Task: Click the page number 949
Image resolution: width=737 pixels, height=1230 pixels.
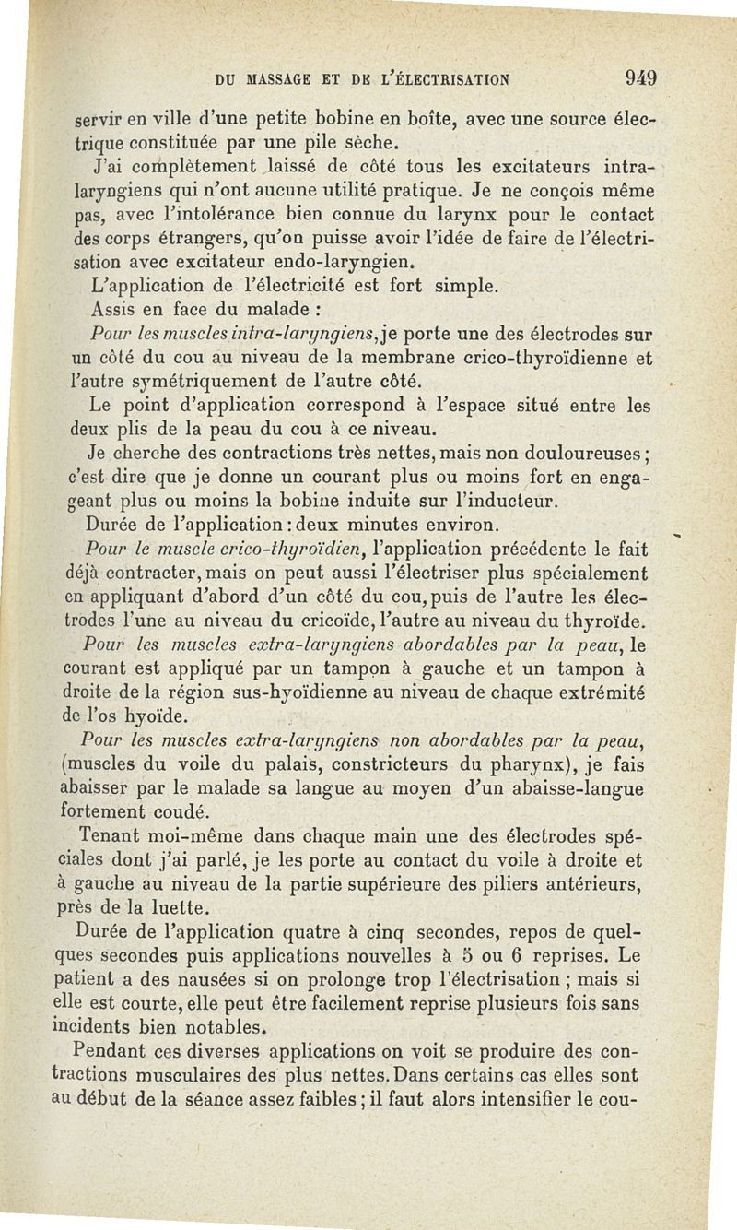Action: coord(638,78)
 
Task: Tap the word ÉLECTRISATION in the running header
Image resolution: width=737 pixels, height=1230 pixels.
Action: coord(443,79)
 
